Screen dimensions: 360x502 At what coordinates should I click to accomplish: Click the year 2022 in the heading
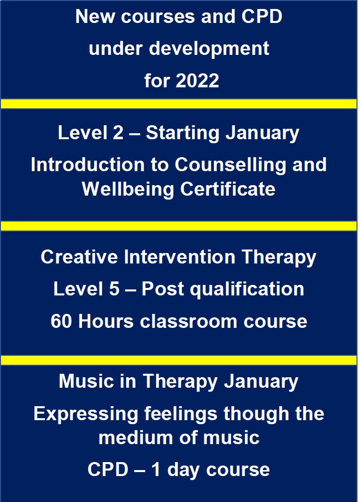(197, 80)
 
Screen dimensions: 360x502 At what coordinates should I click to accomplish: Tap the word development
(209, 49)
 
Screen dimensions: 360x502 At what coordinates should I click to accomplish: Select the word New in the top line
(95, 16)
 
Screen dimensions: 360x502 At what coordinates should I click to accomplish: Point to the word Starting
(182, 133)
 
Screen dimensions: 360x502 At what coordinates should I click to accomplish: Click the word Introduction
(88, 165)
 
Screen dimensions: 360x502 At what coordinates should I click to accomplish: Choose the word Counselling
(230, 165)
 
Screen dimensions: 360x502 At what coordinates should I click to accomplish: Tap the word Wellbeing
(128, 190)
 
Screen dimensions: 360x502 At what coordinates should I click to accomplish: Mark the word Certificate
(228, 189)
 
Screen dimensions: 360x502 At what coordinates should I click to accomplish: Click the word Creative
(79, 257)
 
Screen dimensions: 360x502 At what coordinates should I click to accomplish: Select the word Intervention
(180, 257)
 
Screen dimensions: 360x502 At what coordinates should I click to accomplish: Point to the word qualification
(247, 289)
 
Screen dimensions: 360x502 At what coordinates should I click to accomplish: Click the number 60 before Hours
(61, 321)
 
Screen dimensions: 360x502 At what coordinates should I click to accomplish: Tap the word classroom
(188, 321)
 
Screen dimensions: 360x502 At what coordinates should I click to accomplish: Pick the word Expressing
(86, 414)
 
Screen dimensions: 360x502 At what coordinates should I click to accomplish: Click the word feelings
(181, 414)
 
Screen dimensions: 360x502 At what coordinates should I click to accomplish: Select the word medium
(136, 438)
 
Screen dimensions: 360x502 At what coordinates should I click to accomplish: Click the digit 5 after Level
(114, 289)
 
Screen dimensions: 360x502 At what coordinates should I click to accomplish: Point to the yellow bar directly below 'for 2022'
(179, 104)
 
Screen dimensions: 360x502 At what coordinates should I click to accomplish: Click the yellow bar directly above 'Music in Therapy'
(179, 360)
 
